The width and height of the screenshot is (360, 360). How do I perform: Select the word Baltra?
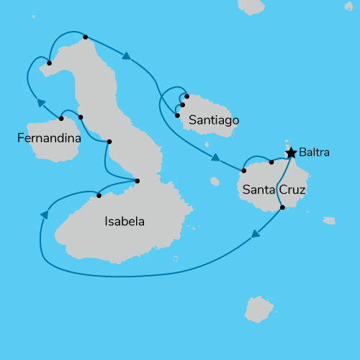(315, 153)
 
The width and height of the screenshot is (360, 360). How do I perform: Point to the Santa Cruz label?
(274, 191)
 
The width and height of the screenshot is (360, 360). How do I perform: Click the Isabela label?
(124, 222)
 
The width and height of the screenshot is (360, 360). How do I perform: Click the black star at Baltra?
(291, 153)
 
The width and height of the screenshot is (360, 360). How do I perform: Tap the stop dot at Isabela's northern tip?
(86, 37)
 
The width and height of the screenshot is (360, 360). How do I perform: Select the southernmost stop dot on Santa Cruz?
(282, 207)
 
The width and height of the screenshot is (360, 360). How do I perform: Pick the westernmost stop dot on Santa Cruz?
(244, 171)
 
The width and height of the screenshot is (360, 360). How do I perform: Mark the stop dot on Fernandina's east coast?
(61, 119)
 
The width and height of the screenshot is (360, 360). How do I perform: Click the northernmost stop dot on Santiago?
(186, 96)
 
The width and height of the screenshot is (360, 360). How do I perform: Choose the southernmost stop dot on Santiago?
(177, 114)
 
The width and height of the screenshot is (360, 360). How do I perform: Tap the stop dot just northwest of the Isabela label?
(99, 195)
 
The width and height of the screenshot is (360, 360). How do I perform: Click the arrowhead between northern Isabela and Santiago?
(127, 57)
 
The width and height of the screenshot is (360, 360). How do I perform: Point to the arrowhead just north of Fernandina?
(41, 103)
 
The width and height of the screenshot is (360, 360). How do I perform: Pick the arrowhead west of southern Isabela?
(45, 215)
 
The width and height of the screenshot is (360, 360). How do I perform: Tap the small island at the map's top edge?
(251, 6)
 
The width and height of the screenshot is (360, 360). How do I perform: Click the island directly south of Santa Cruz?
(259, 310)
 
